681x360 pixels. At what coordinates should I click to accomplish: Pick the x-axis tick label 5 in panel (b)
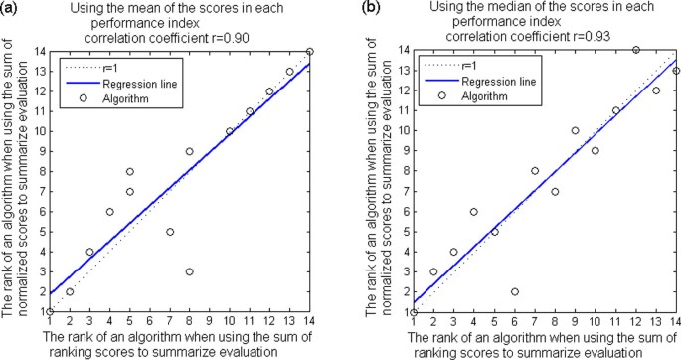[x=494, y=321]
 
